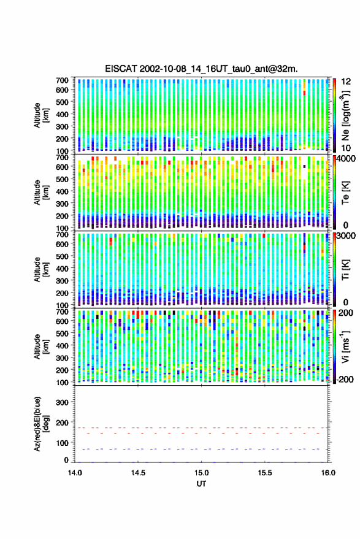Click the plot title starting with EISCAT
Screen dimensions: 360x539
pyautogui.click(x=201, y=69)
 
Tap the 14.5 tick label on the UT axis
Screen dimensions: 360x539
pyautogui.click(x=138, y=473)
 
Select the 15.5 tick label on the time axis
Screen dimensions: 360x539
pyautogui.click(x=264, y=473)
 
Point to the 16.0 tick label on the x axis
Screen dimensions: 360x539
pyautogui.click(x=328, y=473)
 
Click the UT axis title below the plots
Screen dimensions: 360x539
pyautogui.click(x=201, y=484)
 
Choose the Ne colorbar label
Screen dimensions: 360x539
pyautogui.click(x=346, y=115)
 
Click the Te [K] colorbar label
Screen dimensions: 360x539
pyautogui.click(x=345, y=193)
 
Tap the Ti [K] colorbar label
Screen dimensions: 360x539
pyautogui.click(x=345, y=270)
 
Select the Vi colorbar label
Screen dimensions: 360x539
pyautogui.click(x=345, y=346)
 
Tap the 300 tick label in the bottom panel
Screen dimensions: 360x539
pyautogui.click(x=62, y=402)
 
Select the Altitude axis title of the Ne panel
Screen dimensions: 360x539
pyautogui.click(x=41, y=115)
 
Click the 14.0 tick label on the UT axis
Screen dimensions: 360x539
pyautogui.click(x=75, y=473)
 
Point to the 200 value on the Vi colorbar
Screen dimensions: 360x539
pyautogui.click(x=345, y=313)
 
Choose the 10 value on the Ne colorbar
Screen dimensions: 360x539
pyautogui.click(x=346, y=148)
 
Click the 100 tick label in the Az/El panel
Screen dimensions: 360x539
pyautogui.click(x=62, y=443)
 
